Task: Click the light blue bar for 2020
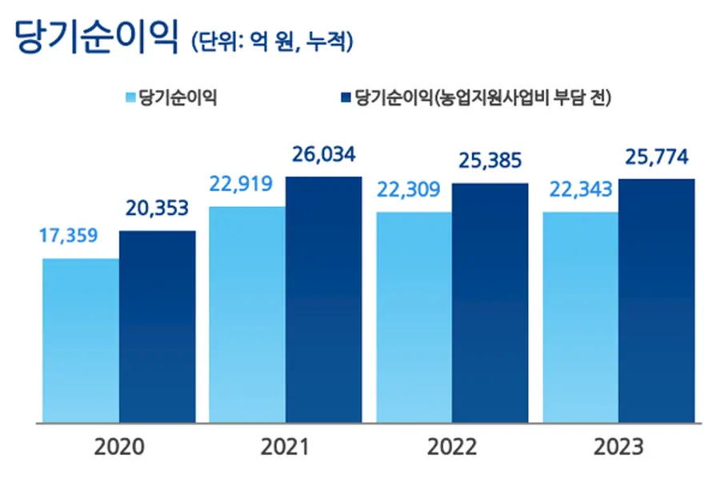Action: (81, 340)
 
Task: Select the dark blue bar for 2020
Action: (158, 326)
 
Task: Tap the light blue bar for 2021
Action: (247, 314)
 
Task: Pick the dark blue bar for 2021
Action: (324, 299)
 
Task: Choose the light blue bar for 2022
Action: (414, 317)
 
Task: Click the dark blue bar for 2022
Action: (490, 302)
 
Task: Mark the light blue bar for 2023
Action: (580, 317)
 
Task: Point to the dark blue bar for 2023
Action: (657, 300)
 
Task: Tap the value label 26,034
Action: (323, 155)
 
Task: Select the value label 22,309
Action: (409, 190)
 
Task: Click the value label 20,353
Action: (157, 209)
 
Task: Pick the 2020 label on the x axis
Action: (119, 448)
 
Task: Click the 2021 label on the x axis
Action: (286, 448)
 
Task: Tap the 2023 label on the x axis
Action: (618, 448)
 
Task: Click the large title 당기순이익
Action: (95, 36)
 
